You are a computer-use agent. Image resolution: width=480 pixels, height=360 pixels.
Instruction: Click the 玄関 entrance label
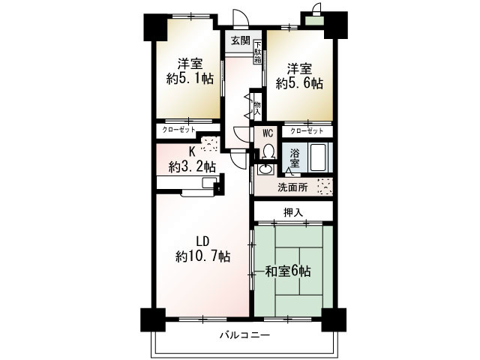(x=240, y=40)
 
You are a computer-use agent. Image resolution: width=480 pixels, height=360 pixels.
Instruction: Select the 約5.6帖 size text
(x=298, y=83)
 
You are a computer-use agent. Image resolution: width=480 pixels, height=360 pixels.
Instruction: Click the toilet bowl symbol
(x=267, y=150)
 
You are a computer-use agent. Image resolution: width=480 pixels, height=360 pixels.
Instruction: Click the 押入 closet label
(x=293, y=212)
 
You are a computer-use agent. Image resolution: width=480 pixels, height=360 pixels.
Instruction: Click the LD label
(x=202, y=241)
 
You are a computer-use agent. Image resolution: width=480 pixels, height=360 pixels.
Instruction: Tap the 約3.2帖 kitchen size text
(x=193, y=166)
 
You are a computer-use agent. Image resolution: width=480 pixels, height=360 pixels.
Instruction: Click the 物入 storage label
(x=257, y=107)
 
